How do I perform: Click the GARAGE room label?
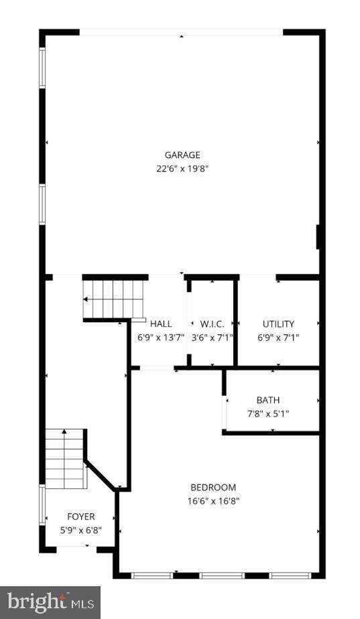coord(182,155)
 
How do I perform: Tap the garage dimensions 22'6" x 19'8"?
coord(182,169)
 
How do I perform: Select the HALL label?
coord(161,324)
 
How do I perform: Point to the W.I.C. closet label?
coord(212,324)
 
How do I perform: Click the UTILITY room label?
coord(278,324)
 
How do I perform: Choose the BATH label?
coord(268,401)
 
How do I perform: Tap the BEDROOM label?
coord(213,487)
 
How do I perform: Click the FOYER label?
coord(80,517)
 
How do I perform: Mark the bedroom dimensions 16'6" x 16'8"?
coord(213,500)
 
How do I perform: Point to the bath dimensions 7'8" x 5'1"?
coord(268,414)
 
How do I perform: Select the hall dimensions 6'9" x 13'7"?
coord(161,338)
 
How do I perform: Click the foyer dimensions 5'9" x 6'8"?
coord(80,530)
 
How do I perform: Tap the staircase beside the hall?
coord(113,299)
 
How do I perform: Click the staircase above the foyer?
coord(66,459)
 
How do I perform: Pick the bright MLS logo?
coord(50,602)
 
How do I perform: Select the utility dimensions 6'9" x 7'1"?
coord(278,338)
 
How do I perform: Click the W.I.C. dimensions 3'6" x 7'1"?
coord(212,338)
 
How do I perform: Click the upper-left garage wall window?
coord(42,67)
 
